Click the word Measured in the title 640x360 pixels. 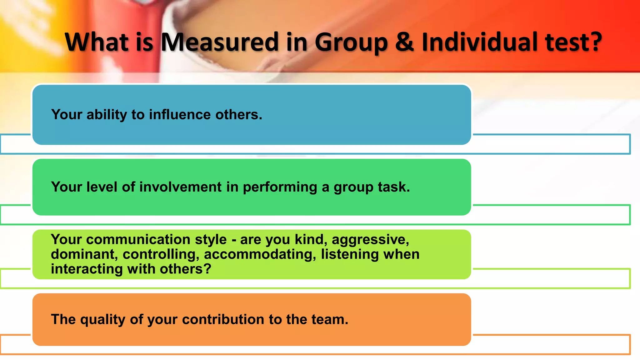pyautogui.click(x=219, y=42)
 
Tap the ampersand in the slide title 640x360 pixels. pyautogui.click(x=404, y=42)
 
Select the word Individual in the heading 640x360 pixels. pyautogui.click(x=480, y=42)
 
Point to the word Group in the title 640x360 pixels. pyautogui.click(x=351, y=42)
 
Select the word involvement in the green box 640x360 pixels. pyautogui.click(x=180, y=187)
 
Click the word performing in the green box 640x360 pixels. pyautogui.click(x=280, y=187)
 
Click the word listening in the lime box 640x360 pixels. pyautogui.click(x=350, y=254)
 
